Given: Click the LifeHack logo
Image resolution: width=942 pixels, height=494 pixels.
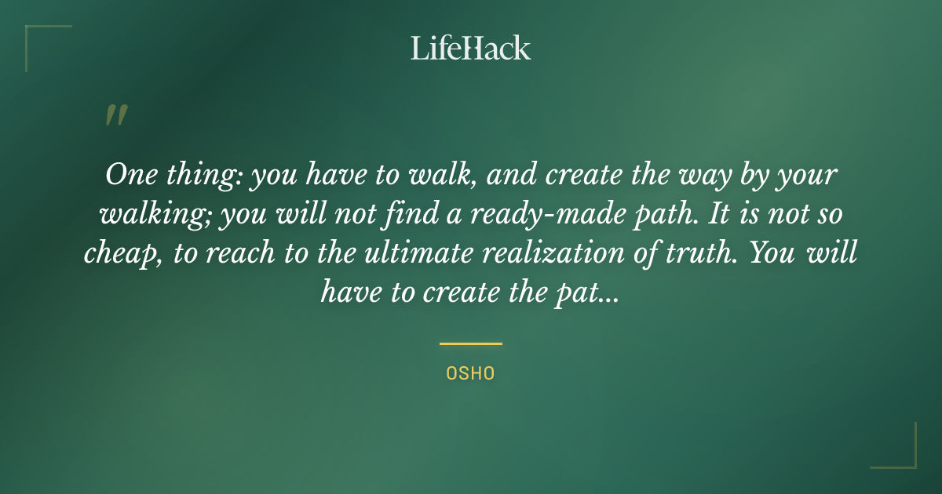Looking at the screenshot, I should click(471, 48).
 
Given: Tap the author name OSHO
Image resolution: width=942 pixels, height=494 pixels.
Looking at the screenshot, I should click(470, 373).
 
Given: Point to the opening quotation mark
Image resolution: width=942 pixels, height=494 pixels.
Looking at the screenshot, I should click(116, 115).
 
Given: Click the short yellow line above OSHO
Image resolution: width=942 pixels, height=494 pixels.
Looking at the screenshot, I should click(470, 343).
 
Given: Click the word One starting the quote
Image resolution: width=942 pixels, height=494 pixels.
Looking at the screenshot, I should click(126, 174).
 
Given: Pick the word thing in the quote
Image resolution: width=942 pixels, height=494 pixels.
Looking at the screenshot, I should click(196, 176).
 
